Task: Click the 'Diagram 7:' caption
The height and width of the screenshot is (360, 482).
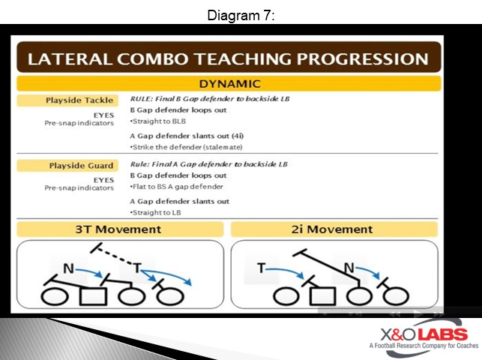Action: click(241, 14)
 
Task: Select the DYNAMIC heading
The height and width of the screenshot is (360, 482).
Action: click(229, 84)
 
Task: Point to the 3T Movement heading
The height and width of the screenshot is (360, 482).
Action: click(118, 229)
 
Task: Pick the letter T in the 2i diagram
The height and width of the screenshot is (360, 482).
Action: click(262, 268)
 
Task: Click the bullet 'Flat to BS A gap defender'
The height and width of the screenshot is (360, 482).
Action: click(175, 187)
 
